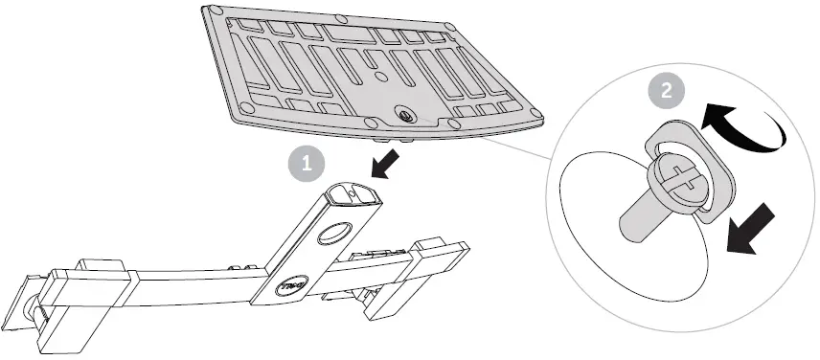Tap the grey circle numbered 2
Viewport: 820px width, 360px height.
tap(661, 91)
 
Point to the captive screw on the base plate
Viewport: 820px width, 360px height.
tap(401, 114)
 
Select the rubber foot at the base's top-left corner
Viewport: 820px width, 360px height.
tap(210, 11)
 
